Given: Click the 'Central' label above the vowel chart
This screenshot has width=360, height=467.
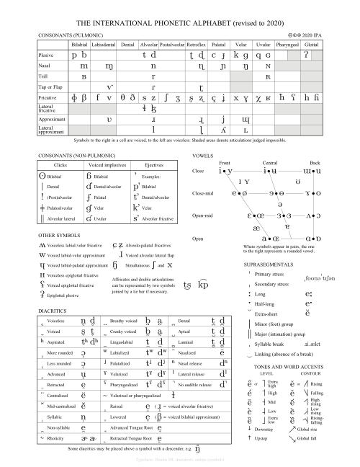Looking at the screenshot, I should [x=269, y=164].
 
